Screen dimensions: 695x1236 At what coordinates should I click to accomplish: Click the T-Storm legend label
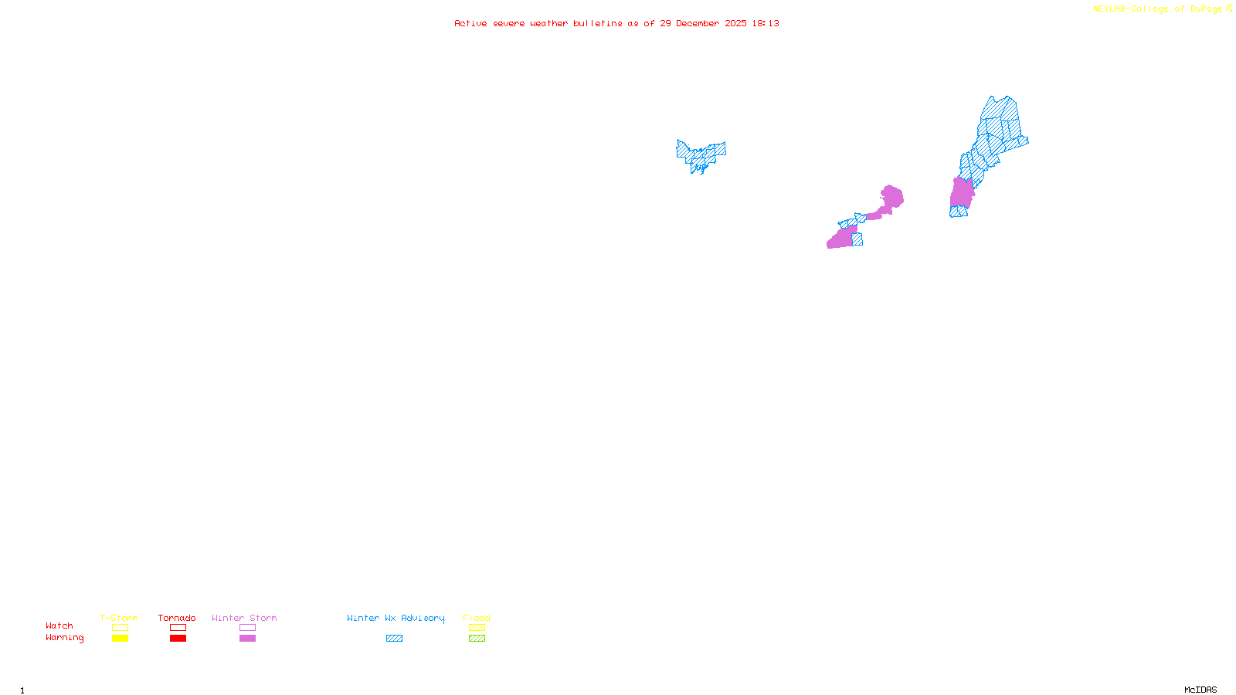tap(119, 618)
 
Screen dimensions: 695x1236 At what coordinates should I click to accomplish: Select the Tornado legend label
tap(177, 618)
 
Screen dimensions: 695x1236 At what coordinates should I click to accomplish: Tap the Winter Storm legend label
tap(244, 618)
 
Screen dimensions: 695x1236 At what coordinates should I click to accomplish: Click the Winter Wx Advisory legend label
tap(396, 618)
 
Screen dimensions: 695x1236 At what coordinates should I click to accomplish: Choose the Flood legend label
tap(477, 618)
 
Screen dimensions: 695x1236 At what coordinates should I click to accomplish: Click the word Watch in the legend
tap(59, 625)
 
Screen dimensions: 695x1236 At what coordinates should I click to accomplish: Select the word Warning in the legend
tap(65, 638)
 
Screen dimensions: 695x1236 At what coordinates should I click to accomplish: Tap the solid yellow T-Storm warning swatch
tap(120, 639)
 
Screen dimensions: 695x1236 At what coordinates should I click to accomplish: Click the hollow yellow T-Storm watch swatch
tap(120, 628)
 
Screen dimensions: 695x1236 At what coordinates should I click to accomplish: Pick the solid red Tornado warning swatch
tap(178, 639)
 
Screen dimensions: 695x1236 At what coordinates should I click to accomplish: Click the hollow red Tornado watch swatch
tap(178, 628)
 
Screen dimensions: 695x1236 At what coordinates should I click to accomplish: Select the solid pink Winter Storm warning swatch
tap(247, 639)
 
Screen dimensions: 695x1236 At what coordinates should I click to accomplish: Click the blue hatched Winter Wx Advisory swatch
tap(394, 639)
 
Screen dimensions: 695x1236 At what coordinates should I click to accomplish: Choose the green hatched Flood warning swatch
tap(477, 639)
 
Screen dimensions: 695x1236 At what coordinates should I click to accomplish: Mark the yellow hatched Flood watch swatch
tap(477, 628)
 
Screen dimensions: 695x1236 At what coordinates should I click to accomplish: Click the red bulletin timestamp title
tap(616, 23)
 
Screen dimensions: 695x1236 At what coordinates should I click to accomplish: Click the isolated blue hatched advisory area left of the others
tap(700, 154)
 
